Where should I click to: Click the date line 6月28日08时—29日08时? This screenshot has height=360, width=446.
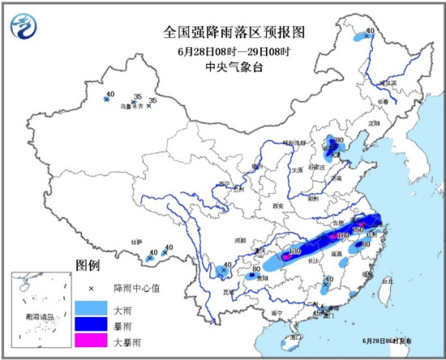tap(222, 50)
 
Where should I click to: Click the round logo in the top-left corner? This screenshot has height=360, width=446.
tap(24, 27)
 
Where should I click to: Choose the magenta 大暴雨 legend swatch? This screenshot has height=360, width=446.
tap(91, 344)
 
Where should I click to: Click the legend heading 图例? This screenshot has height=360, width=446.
tap(87, 266)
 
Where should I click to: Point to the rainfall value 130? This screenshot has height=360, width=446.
tap(294, 252)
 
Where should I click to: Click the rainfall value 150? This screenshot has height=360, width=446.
tap(357, 230)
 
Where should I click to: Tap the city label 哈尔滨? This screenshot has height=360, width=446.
tap(391, 78)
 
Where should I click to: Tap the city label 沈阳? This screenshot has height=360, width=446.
tap(374, 122)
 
